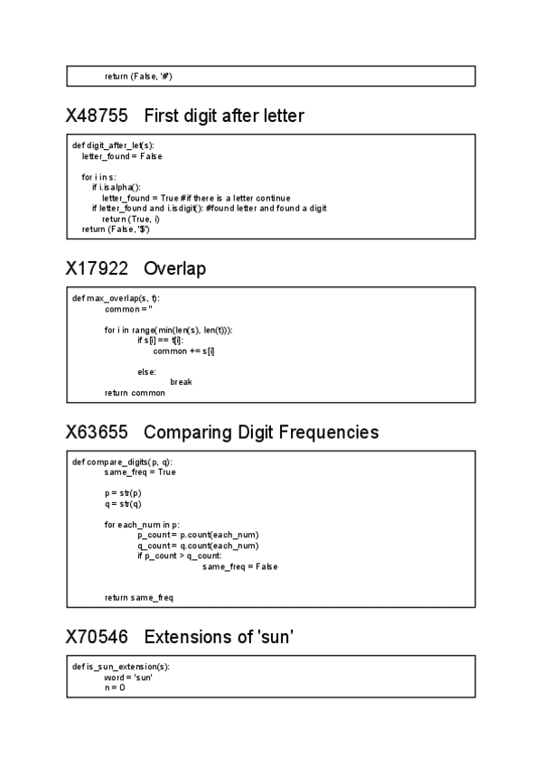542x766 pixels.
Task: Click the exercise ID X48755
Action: point(98,117)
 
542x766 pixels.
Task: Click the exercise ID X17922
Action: point(98,269)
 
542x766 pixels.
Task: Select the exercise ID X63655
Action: point(98,433)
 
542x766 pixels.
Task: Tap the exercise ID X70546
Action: point(98,638)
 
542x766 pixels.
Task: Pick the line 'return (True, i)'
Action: point(130,219)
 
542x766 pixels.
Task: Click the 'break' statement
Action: point(181,382)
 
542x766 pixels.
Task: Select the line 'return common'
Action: point(135,393)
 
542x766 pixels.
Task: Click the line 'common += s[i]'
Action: point(183,350)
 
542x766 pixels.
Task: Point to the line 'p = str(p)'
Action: point(122,493)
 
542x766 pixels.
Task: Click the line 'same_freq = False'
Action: point(239,566)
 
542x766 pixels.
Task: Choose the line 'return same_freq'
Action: point(138,598)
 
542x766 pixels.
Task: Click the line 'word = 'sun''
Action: point(127,677)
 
